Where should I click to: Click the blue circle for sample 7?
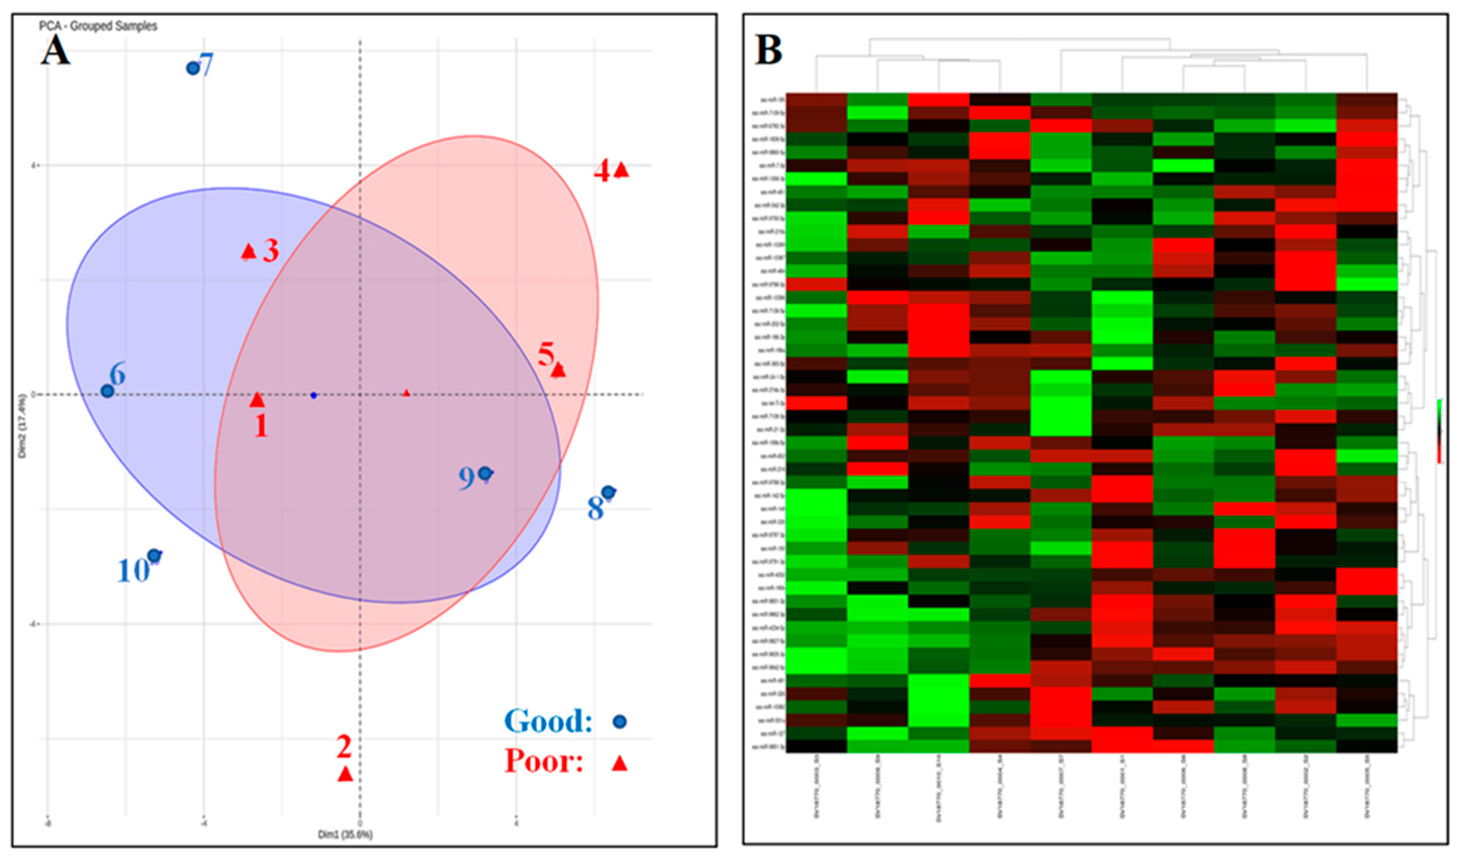click(x=193, y=68)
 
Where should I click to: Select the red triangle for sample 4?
click(x=621, y=170)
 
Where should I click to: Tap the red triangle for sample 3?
click(x=248, y=252)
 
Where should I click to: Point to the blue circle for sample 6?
click(x=107, y=391)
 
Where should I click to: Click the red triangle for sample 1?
click(x=257, y=400)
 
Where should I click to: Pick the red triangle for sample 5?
click(x=558, y=370)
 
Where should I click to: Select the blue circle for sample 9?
click(x=485, y=473)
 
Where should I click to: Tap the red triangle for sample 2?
click(x=345, y=774)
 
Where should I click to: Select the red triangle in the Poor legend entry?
click(x=620, y=763)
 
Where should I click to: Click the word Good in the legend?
click(x=548, y=721)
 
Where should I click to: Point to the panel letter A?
click(x=55, y=50)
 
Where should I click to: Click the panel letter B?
click(x=769, y=50)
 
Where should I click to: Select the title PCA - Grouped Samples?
click(x=98, y=26)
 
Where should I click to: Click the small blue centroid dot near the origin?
click(x=313, y=396)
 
